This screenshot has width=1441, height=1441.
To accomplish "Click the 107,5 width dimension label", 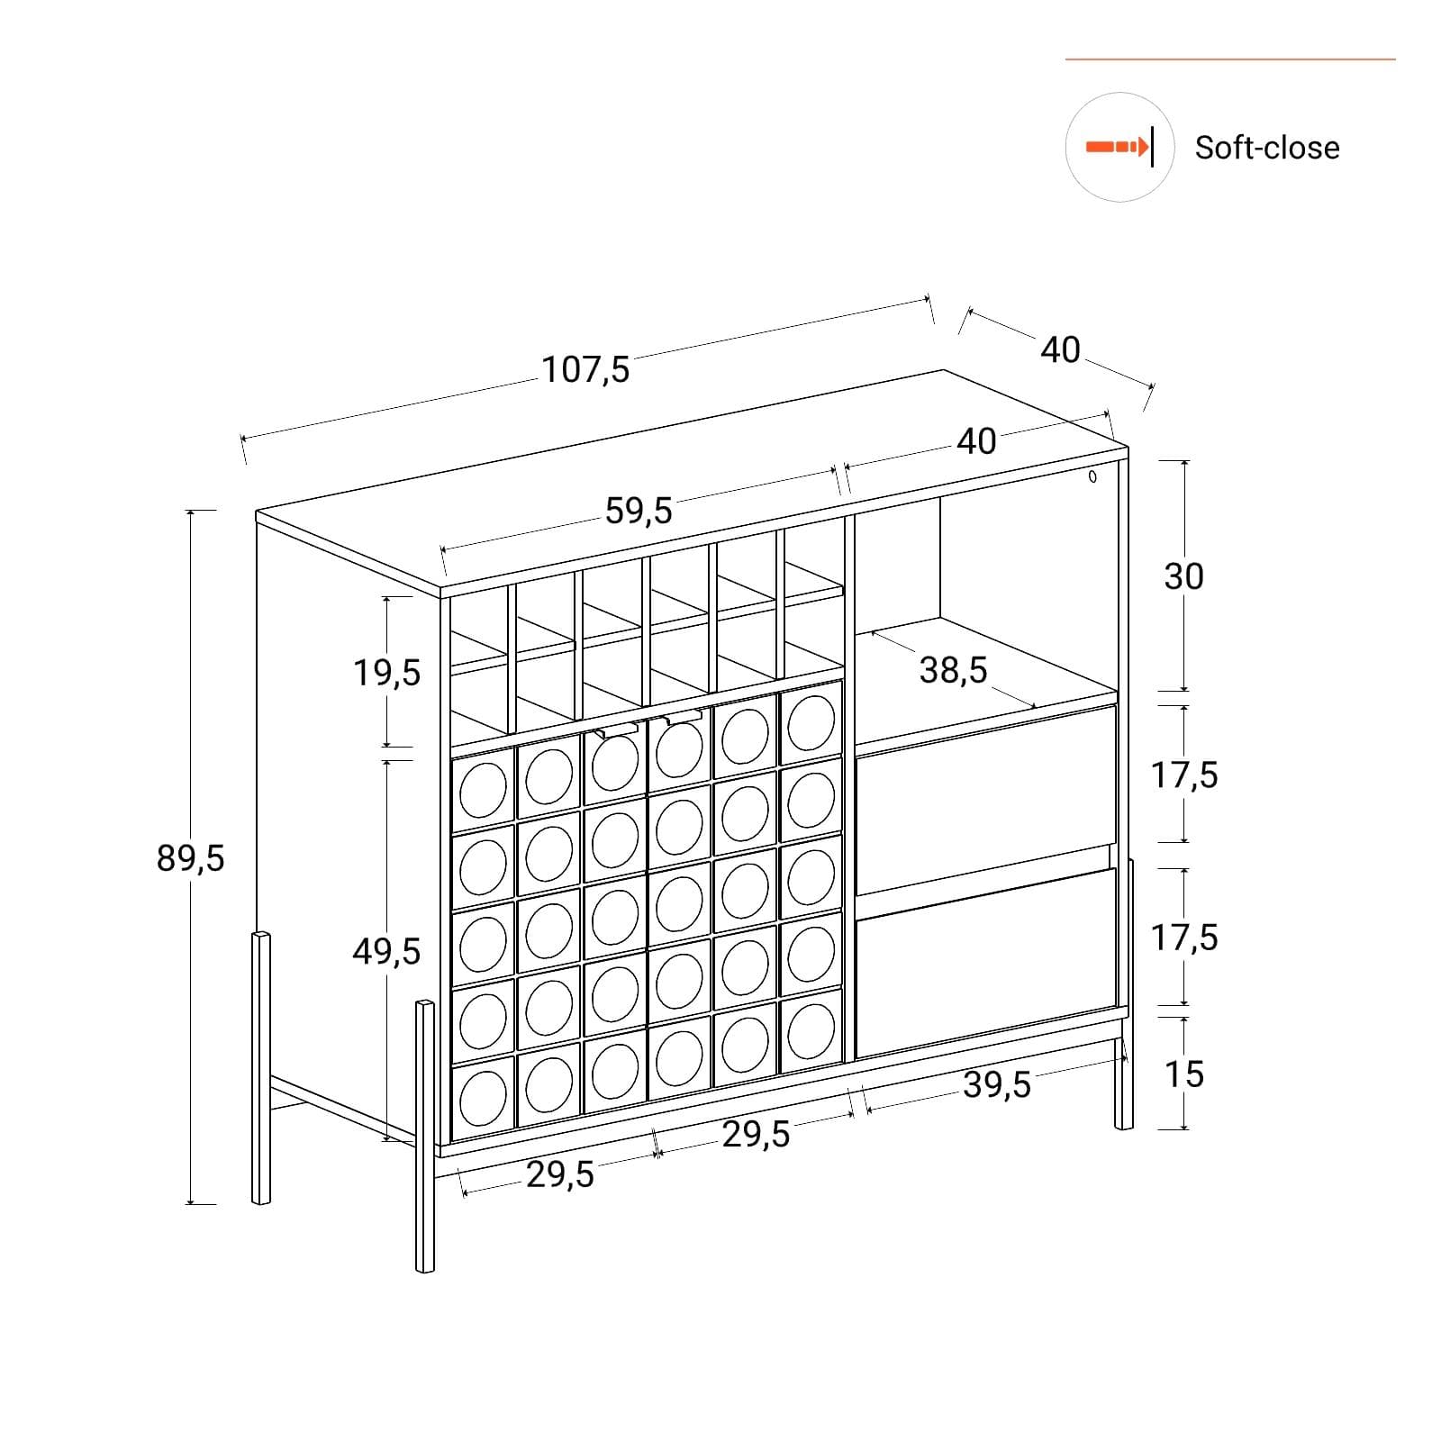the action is click(586, 369).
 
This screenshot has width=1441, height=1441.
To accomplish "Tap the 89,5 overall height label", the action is click(190, 858).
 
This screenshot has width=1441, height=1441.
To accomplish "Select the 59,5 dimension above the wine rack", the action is click(639, 511).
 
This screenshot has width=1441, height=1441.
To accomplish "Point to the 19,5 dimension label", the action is click(386, 672).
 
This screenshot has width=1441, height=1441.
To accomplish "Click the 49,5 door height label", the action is click(386, 950).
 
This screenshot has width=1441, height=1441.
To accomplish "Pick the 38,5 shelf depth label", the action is click(954, 669).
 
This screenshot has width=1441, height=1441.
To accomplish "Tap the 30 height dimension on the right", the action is click(1183, 575).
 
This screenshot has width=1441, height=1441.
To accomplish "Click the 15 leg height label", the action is click(1183, 1074).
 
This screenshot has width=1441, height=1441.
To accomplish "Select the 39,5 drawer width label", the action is click(997, 1085).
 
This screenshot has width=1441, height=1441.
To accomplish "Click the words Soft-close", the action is click(1267, 148).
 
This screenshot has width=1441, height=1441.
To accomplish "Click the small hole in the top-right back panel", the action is click(1092, 476).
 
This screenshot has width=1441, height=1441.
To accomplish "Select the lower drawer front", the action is click(986, 962).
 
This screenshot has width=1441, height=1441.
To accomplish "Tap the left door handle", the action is click(616, 730).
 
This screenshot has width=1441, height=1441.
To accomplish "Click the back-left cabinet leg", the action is click(261, 1067).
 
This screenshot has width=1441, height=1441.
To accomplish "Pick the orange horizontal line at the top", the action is click(1230, 59).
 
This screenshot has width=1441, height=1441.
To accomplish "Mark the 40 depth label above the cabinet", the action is click(1060, 349).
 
